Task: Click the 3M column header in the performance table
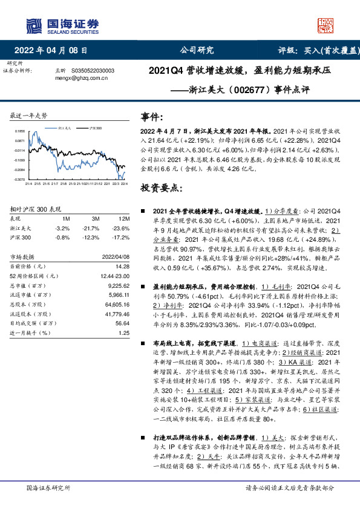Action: coord(96,218)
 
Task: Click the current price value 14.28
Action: coord(123,267)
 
